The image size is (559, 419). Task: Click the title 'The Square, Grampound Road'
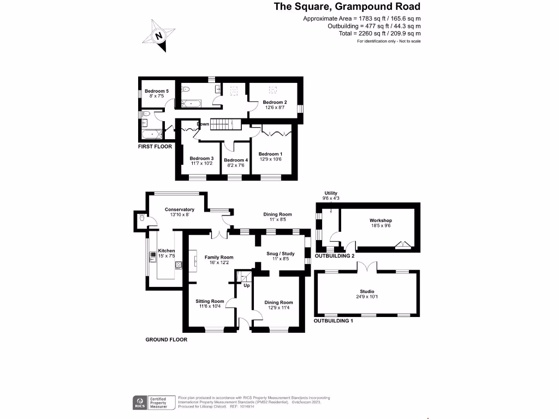(347, 7)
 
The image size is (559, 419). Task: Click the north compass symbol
(158, 36)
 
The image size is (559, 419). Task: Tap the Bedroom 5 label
(156, 91)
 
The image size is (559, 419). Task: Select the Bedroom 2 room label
(275, 102)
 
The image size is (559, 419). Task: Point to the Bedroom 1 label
(270, 153)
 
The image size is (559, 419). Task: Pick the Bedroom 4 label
(236, 160)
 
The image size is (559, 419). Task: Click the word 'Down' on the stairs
(203, 124)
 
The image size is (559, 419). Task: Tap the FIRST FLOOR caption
(155, 147)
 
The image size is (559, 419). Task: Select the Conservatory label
(180, 209)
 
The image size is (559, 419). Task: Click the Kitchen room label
(166, 251)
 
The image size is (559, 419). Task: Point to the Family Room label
(219, 257)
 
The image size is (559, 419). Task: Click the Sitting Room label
(210, 301)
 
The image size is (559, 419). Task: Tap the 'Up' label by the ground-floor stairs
(247, 285)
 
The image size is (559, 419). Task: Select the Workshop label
(380, 220)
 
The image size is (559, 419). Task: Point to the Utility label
(331, 193)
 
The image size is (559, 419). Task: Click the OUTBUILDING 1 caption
(334, 321)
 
